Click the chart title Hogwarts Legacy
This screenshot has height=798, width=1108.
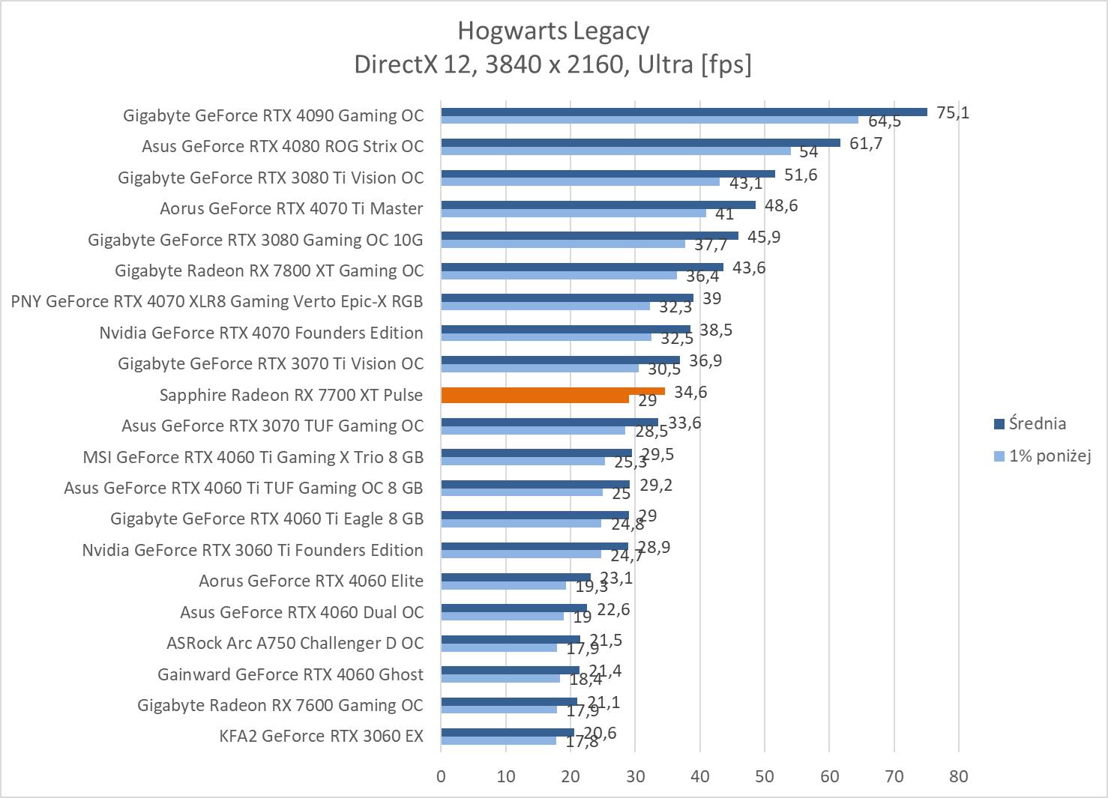(x=553, y=31)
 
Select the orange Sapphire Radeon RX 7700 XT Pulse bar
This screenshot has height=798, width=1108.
(x=553, y=391)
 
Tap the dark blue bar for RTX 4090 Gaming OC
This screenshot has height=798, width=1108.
(x=684, y=112)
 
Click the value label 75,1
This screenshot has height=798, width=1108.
(x=953, y=112)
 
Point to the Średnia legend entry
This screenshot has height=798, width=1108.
(x=1037, y=423)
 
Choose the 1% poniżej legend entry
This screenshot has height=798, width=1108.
(x=1049, y=456)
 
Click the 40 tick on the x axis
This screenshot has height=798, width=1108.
(x=700, y=776)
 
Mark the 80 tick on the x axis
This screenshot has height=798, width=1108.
(x=959, y=776)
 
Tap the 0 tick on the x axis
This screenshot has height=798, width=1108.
(x=441, y=776)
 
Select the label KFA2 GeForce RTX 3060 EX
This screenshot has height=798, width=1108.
(x=321, y=736)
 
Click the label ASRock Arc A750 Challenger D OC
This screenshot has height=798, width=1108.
(x=295, y=643)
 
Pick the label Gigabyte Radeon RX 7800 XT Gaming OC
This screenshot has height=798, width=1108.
(x=269, y=270)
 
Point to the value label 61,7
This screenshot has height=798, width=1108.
(x=866, y=143)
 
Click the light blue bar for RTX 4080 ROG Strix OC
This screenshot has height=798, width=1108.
(x=615, y=151)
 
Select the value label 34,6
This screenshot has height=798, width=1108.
(x=690, y=392)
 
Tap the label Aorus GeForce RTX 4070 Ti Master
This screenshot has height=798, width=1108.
(x=291, y=208)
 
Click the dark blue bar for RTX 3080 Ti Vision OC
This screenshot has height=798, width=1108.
(x=608, y=174)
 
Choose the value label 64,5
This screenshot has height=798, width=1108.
(x=885, y=121)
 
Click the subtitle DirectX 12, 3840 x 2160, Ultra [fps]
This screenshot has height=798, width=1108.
(x=553, y=64)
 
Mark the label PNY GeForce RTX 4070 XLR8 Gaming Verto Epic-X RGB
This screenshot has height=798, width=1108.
(x=217, y=301)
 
